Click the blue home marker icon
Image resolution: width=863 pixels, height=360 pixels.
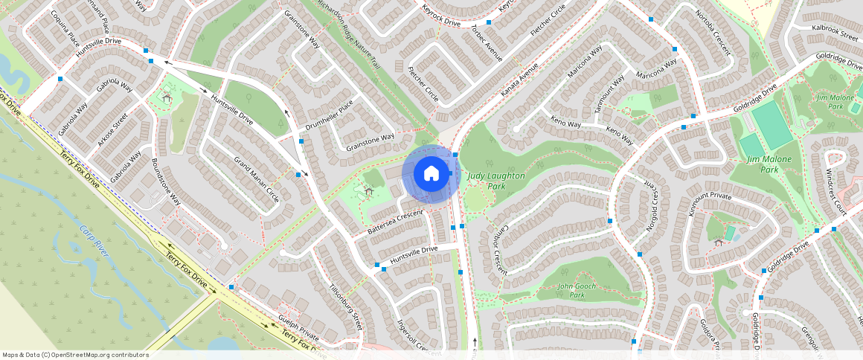pyautogui.click(x=431, y=173)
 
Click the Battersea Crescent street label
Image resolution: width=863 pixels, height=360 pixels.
pyautogui.click(x=395, y=222)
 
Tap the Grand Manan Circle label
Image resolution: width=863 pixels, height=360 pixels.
pyautogui.click(x=257, y=181)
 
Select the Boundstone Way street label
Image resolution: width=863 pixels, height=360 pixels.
pyautogui.click(x=166, y=181)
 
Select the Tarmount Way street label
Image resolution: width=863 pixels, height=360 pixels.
pyautogui.click(x=608, y=95)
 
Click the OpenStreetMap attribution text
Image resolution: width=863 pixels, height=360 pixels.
pyautogui.click(x=75, y=355)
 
